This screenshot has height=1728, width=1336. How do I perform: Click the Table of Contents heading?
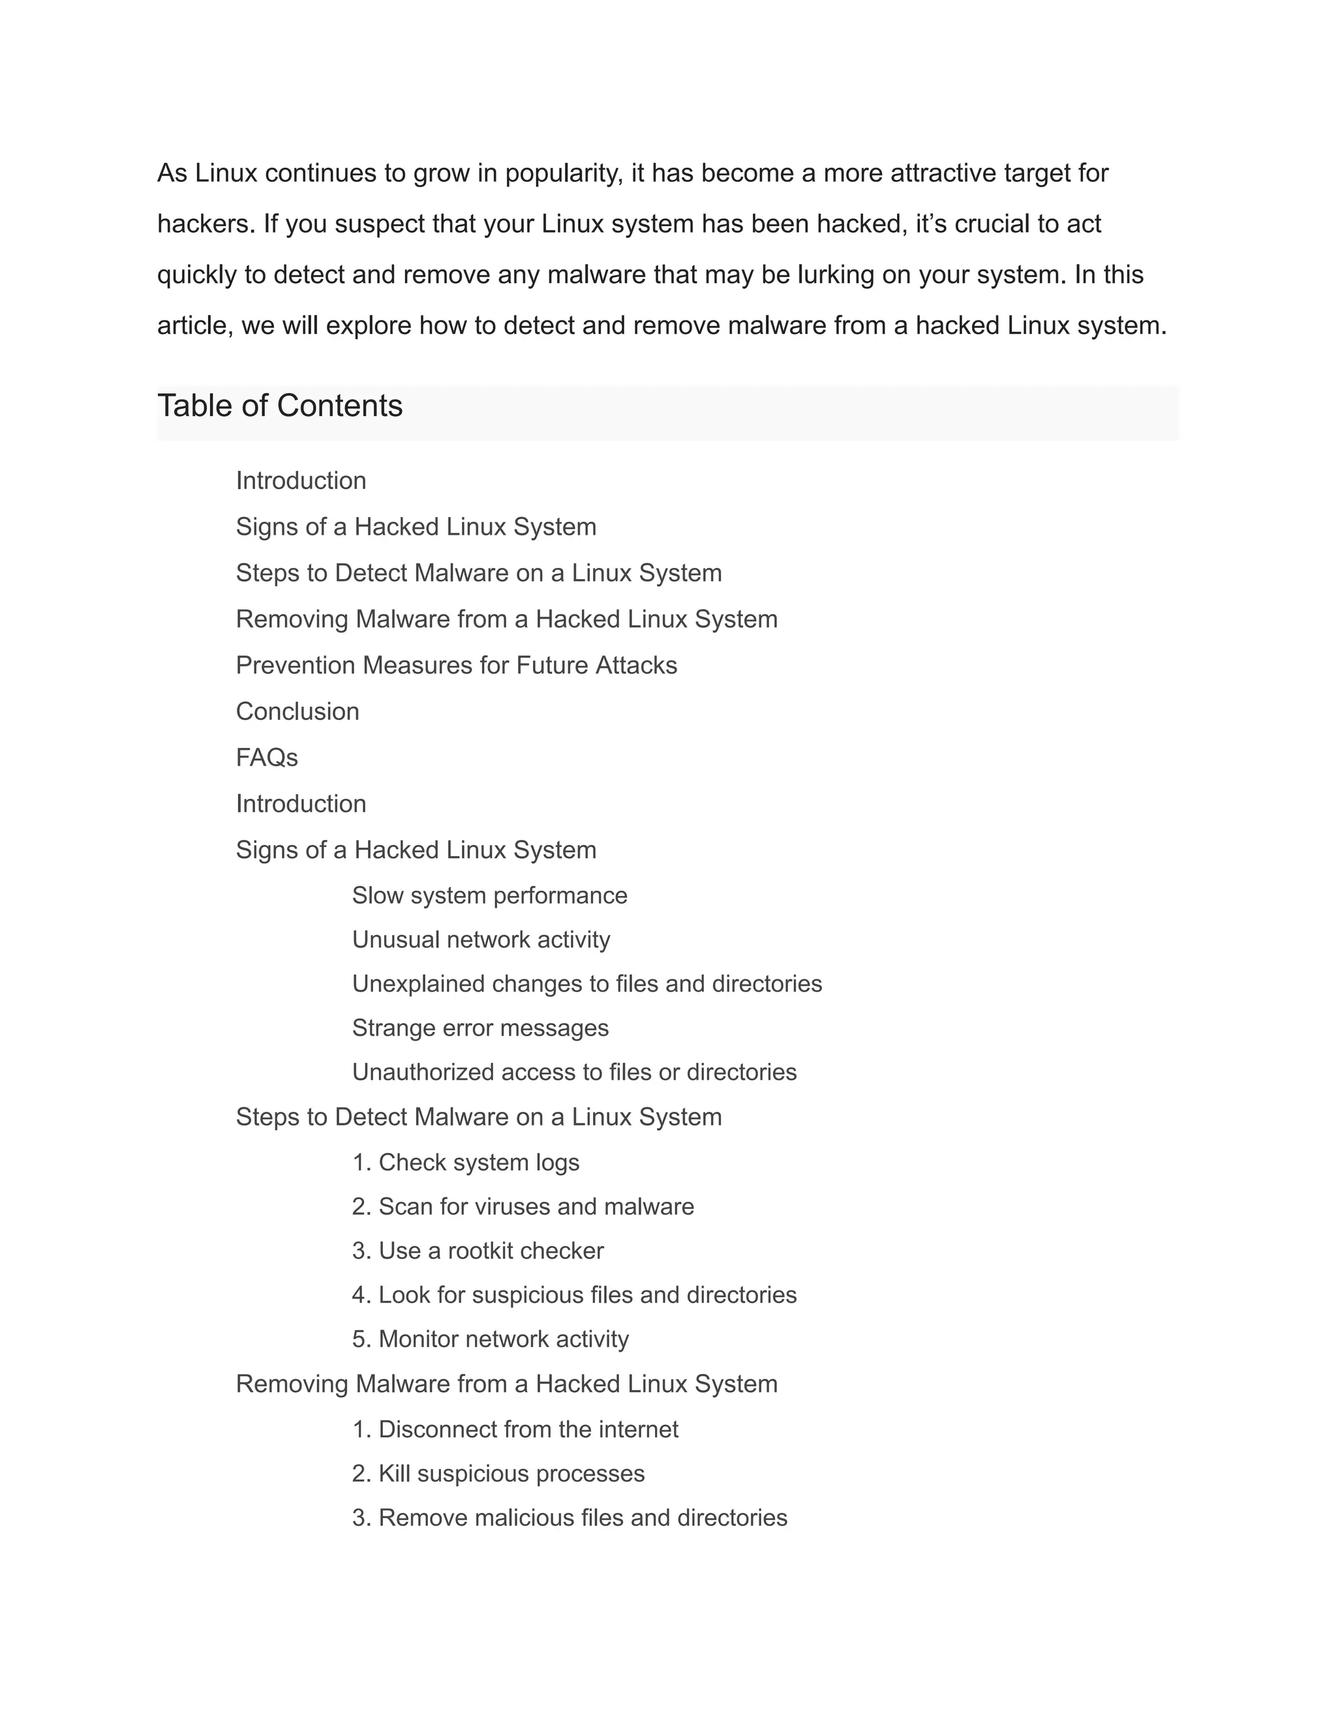[279, 406]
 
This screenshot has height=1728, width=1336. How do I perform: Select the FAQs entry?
[267, 757]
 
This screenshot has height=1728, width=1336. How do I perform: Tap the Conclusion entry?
[297, 711]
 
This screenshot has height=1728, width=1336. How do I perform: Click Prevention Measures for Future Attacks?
[457, 665]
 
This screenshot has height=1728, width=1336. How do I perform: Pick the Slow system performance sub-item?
[489, 896]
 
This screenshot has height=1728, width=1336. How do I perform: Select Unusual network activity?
[481, 940]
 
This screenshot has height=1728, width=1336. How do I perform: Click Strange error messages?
[480, 1028]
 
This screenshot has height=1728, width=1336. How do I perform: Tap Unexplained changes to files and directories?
[586, 983]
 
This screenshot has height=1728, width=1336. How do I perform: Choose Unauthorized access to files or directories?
[574, 1072]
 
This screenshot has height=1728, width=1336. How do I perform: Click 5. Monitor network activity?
[490, 1339]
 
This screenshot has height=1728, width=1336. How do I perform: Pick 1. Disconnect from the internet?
[515, 1430]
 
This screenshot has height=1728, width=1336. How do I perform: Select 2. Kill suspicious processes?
[498, 1474]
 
